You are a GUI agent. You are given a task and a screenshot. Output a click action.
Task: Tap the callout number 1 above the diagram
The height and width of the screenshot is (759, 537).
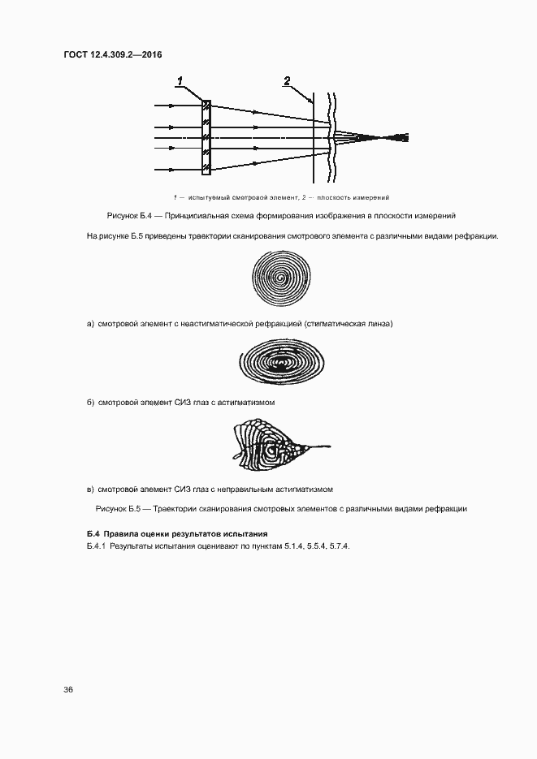[x=180, y=80]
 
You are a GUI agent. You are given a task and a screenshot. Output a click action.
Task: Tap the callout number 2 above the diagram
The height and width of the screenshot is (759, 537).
[x=286, y=80]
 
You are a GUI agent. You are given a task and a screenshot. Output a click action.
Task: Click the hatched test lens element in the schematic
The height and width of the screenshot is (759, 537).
[x=206, y=137]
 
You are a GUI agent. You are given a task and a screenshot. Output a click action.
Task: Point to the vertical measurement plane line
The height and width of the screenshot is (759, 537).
[x=314, y=138]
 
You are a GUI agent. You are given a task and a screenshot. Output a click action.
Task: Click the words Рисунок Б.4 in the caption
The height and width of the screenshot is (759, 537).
[x=129, y=216]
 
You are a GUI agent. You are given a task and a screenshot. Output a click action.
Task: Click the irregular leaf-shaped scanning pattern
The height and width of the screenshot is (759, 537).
[x=272, y=447]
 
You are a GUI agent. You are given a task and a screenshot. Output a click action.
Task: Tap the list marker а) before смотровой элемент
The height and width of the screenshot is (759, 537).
[x=90, y=324]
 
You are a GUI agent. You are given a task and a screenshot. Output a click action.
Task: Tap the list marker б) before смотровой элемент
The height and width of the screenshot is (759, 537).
[x=90, y=403]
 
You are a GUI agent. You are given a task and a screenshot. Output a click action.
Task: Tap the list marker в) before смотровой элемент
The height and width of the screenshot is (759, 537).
[x=90, y=489]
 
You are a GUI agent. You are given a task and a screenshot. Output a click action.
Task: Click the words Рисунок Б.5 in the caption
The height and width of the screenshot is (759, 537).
[x=119, y=508]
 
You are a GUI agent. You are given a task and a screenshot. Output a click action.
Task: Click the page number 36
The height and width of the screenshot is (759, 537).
[x=68, y=690]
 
